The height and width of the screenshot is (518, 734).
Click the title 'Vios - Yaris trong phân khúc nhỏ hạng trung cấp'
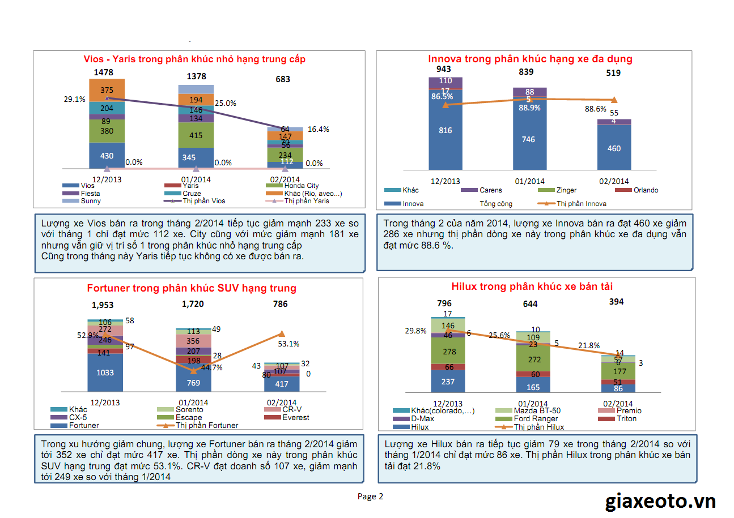click(194, 59)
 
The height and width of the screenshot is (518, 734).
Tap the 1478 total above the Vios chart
click(104, 72)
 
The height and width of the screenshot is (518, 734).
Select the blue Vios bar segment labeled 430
click(107, 156)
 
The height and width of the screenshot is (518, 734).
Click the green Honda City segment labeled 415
click(196, 135)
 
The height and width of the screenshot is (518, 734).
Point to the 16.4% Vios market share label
click(318, 129)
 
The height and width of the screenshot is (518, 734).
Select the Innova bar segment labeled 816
click(446, 131)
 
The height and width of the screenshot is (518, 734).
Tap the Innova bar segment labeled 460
click(614, 148)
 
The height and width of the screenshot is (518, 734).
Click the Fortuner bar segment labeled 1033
click(105, 373)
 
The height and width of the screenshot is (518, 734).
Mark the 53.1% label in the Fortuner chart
click(289, 344)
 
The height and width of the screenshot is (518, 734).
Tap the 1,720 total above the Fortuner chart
click(193, 304)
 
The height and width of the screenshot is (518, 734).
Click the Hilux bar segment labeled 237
click(448, 382)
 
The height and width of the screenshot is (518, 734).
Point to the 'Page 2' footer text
click(371, 496)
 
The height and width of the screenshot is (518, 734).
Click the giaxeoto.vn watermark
click(660, 501)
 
